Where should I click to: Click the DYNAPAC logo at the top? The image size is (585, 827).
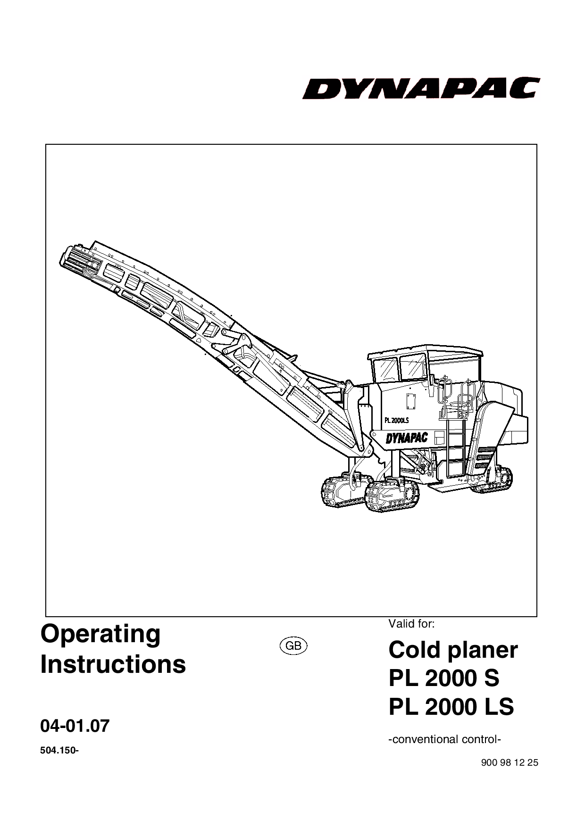[421, 88]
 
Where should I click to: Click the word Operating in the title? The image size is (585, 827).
[100, 635]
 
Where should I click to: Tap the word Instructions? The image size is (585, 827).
[113, 664]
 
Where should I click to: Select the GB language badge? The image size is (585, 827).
[293, 646]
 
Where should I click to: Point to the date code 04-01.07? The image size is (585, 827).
[75, 726]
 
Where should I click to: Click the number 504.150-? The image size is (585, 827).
[59, 751]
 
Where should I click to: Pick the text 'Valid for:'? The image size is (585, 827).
[411, 624]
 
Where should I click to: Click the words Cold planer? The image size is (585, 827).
[453, 651]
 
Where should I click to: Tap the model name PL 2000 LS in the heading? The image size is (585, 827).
[451, 707]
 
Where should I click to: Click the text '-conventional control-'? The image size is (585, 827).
[444, 739]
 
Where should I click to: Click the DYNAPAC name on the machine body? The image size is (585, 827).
[407, 438]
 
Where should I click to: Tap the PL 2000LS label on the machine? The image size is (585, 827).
[396, 420]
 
